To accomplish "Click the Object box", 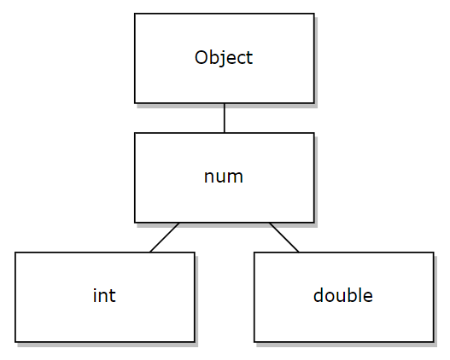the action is (225, 58).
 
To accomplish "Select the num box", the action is (225, 177).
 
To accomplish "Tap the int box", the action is (105, 297).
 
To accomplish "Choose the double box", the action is (344, 297).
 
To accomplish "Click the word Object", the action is (224, 58).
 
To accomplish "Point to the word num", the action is (224, 177).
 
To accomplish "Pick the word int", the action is (104, 295).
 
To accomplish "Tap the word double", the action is (343, 295).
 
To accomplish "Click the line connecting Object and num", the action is (225, 118).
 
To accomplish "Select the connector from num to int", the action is (165, 238).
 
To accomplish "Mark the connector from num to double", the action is (284, 238).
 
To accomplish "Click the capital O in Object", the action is (202, 57).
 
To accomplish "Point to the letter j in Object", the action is (221, 59).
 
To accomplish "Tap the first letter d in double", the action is (319, 295).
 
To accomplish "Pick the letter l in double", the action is (359, 295).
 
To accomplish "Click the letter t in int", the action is (112, 296).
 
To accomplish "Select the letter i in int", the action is (95, 295).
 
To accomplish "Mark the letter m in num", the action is (234, 177).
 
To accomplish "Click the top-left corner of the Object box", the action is (135, 13).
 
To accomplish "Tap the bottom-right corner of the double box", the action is (434, 342).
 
